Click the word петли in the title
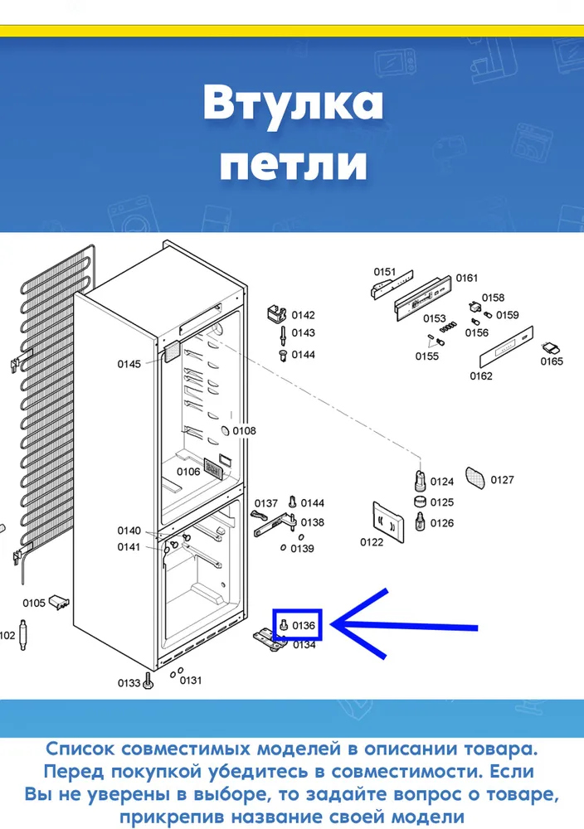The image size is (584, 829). click(x=293, y=164)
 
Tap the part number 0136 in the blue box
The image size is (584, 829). click(x=304, y=625)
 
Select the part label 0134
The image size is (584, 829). click(x=304, y=645)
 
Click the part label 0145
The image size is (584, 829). click(x=129, y=364)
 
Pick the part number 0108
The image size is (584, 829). click(x=245, y=431)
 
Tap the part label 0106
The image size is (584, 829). click(x=188, y=472)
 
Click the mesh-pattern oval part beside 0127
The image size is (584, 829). click(x=475, y=478)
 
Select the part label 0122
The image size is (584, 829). click(x=372, y=542)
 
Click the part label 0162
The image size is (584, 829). click(x=481, y=376)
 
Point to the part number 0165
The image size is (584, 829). click(x=552, y=361)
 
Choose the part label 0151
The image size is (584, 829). click(x=385, y=272)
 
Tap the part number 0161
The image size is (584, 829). click(x=466, y=278)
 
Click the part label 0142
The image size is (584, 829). click(x=303, y=315)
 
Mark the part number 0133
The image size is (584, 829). click(x=129, y=683)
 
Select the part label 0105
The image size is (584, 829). click(x=34, y=604)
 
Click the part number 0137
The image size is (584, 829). click(x=266, y=503)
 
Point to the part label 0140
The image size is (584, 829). click(x=129, y=531)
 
